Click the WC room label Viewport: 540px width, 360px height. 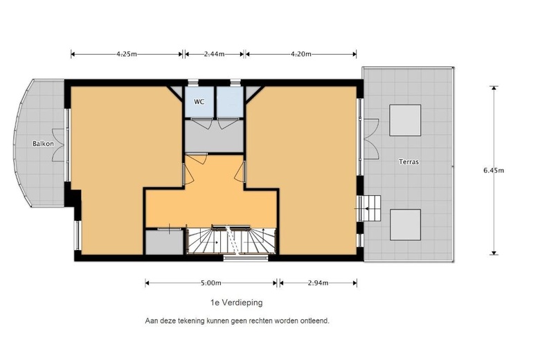pos(199,102)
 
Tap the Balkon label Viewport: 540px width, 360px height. pos(43,144)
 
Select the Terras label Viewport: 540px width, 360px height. pos(408,161)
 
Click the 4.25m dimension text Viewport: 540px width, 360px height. pos(127,54)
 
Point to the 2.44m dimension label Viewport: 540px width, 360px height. pos(214,54)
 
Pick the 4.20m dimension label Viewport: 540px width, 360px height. pos(301,54)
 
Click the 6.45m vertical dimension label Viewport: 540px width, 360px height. pos(494,170)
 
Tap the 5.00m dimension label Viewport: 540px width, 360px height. pos(210,283)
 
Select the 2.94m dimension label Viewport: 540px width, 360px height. pos(318,283)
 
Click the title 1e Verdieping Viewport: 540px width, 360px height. pos(237,303)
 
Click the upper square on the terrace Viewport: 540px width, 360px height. pos(405,120)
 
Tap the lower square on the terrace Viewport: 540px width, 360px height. pos(405,224)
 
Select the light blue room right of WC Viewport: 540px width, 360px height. pos(230,102)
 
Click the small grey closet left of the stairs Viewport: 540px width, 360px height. pos(164,242)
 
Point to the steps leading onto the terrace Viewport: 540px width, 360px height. pos(370,208)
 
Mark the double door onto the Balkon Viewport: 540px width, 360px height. pos(60,145)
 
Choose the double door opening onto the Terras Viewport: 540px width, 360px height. pos(370,139)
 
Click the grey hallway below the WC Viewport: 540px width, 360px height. pos(214,136)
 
